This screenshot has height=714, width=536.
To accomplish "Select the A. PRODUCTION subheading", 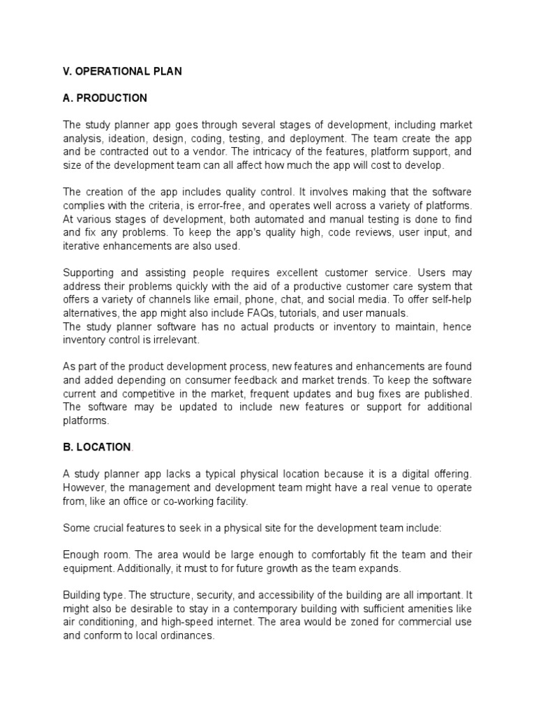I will [x=105, y=98].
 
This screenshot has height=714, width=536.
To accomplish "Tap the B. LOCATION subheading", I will [x=97, y=446].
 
